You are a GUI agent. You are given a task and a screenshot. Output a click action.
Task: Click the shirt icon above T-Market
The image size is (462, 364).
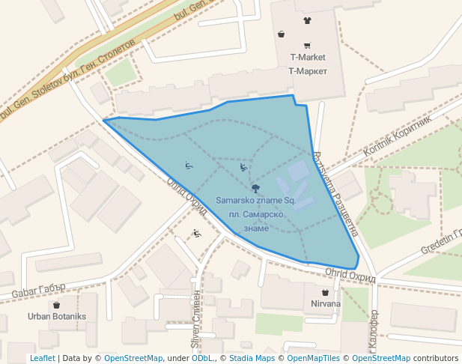[x=307, y=20]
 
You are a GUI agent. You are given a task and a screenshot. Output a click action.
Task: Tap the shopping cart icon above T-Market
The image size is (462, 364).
[x=307, y=45]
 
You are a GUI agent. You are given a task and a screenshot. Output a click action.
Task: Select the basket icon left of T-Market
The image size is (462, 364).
[x=281, y=34]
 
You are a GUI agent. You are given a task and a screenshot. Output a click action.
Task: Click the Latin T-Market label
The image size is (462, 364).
[x=308, y=58]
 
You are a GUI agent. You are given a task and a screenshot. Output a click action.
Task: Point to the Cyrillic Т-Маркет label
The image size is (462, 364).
[x=308, y=71]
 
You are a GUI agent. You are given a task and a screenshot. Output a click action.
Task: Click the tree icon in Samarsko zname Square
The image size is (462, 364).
[x=256, y=188]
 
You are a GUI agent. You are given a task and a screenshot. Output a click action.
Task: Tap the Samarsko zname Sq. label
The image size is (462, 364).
[x=256, y=201]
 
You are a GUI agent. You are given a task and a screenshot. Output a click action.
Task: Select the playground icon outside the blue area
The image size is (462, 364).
[x=197, y=234]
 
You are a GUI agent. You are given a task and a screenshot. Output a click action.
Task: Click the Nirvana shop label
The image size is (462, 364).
[x=325, y=304]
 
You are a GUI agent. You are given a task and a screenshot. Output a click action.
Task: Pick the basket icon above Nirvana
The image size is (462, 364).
[x=325, y=292]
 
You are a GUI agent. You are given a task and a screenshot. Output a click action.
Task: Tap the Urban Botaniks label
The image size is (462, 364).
[x=57, y=317]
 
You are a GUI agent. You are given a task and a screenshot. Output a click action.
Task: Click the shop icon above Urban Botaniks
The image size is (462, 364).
[x=56, y=305]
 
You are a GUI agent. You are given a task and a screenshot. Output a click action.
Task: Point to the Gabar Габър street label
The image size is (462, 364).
[x=40, y=288]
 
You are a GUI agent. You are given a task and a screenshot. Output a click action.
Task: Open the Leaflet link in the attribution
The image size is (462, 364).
[x=42, y=359]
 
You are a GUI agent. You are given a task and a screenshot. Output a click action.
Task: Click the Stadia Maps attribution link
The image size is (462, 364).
[x=252, y=359]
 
